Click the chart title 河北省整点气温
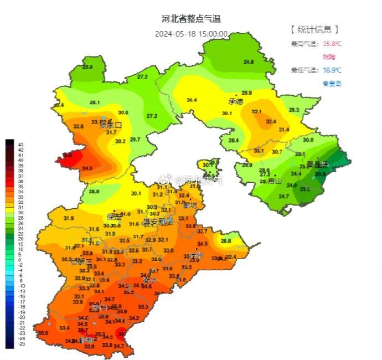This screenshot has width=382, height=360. [191, 19]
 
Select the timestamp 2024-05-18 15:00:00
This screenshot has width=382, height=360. [191, 33]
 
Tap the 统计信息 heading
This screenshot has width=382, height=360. [314, 29]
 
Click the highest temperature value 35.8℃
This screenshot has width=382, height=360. [332, 44]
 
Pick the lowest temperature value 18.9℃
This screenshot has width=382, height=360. [332, 70]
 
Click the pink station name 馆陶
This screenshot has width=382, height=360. [329, 56]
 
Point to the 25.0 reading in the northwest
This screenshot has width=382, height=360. [87, 67]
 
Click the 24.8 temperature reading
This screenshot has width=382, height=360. [249, 62]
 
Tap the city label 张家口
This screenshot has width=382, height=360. [110, 125]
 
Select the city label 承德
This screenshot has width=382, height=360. [236, 101]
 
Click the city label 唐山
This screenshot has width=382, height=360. [275, 181]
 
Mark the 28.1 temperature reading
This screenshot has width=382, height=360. [95, 102]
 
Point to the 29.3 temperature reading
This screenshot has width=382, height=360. [293, 110]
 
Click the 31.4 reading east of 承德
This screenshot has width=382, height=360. [284, 130]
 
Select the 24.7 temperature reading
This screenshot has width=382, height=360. [283, 196]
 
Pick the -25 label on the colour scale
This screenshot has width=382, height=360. [22, 344]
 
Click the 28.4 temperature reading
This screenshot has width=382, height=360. [234, 141]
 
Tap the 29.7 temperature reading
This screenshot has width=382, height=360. [135, 140]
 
